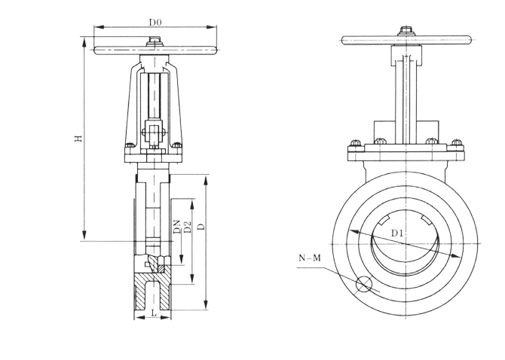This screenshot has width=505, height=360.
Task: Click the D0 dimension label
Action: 155,23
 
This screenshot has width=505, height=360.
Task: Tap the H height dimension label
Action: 78,139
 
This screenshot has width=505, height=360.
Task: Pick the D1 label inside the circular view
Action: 397,234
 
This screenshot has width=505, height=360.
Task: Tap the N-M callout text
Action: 310,258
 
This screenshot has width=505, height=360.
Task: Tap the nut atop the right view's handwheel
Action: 407,31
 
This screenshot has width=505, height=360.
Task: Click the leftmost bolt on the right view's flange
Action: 357,143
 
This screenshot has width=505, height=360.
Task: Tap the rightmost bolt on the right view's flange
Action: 457,143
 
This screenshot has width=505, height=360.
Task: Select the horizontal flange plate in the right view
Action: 407,154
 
